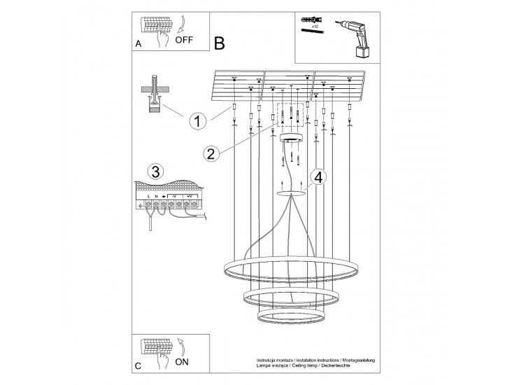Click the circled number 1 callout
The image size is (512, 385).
point(198,120)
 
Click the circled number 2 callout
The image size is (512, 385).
point(208,154)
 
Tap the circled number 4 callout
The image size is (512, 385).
point(319,178)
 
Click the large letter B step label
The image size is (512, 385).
point(220,43)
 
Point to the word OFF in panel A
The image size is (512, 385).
point(184,41)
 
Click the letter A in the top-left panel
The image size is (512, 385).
point(138,44)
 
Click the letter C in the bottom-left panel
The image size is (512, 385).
point(138,366)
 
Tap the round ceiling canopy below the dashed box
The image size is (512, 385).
point(290,139)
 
